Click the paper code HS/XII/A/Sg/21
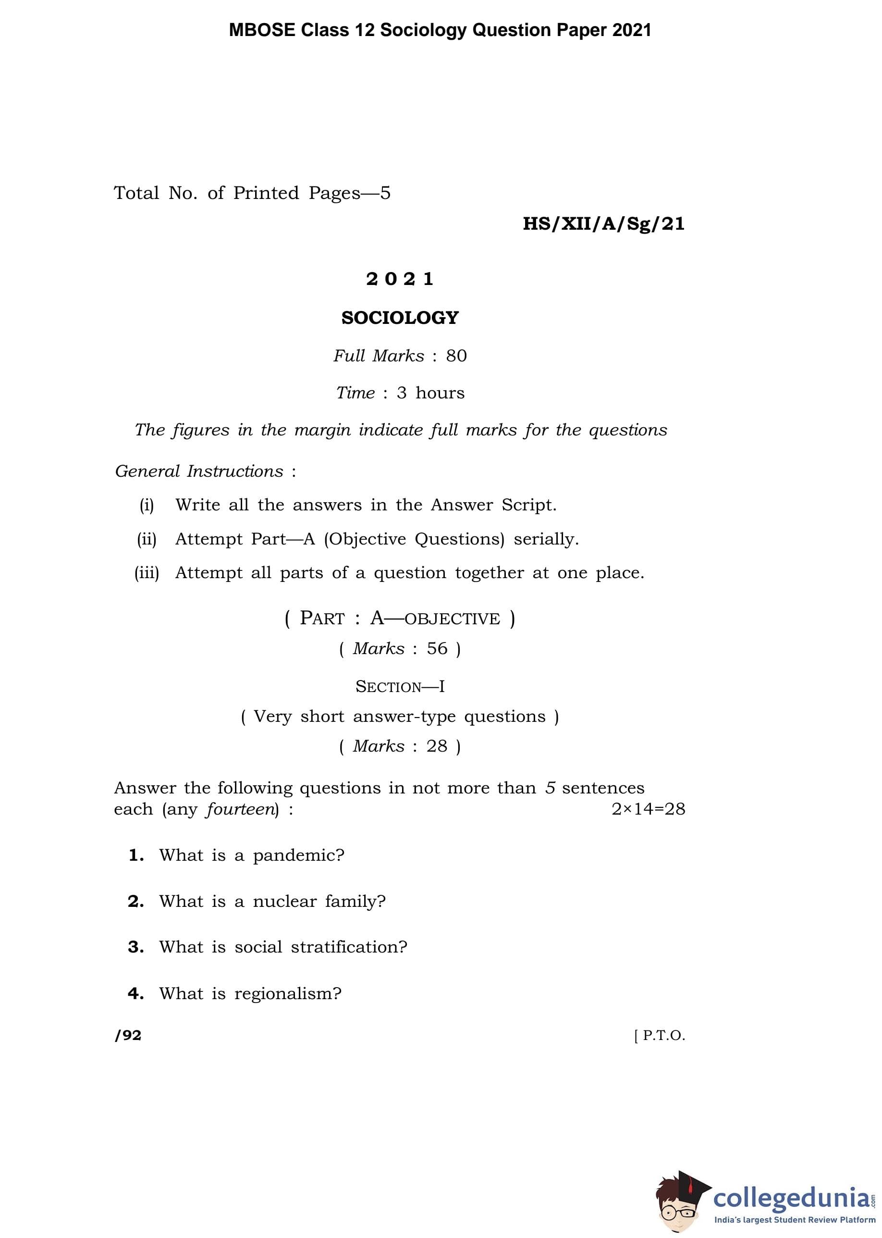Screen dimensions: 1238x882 [x=603, y=224]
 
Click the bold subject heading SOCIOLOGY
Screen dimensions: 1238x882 [x=400, y=318]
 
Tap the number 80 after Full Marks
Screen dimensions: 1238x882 [x=456, y=356]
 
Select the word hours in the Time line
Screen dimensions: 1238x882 [x=440, y=393]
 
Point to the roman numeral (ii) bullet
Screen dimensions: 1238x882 [x=147, y=539]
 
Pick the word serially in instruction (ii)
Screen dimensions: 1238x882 [x=546, y=539]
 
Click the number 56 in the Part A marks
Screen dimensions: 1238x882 [x=437, y=649]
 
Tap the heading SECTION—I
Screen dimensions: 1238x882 [x=400, y=687]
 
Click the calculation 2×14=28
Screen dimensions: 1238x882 [x=648, y=809]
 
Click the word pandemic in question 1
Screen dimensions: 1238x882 [x=298, y=855]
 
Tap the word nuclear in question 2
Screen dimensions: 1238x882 [x=284, y=902]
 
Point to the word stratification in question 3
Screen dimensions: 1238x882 [x=349, y=947]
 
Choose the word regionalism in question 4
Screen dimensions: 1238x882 [x=287, y=993]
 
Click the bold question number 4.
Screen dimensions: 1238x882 [x=135, y=993]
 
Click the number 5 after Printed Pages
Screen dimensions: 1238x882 [x=385, y=193]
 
